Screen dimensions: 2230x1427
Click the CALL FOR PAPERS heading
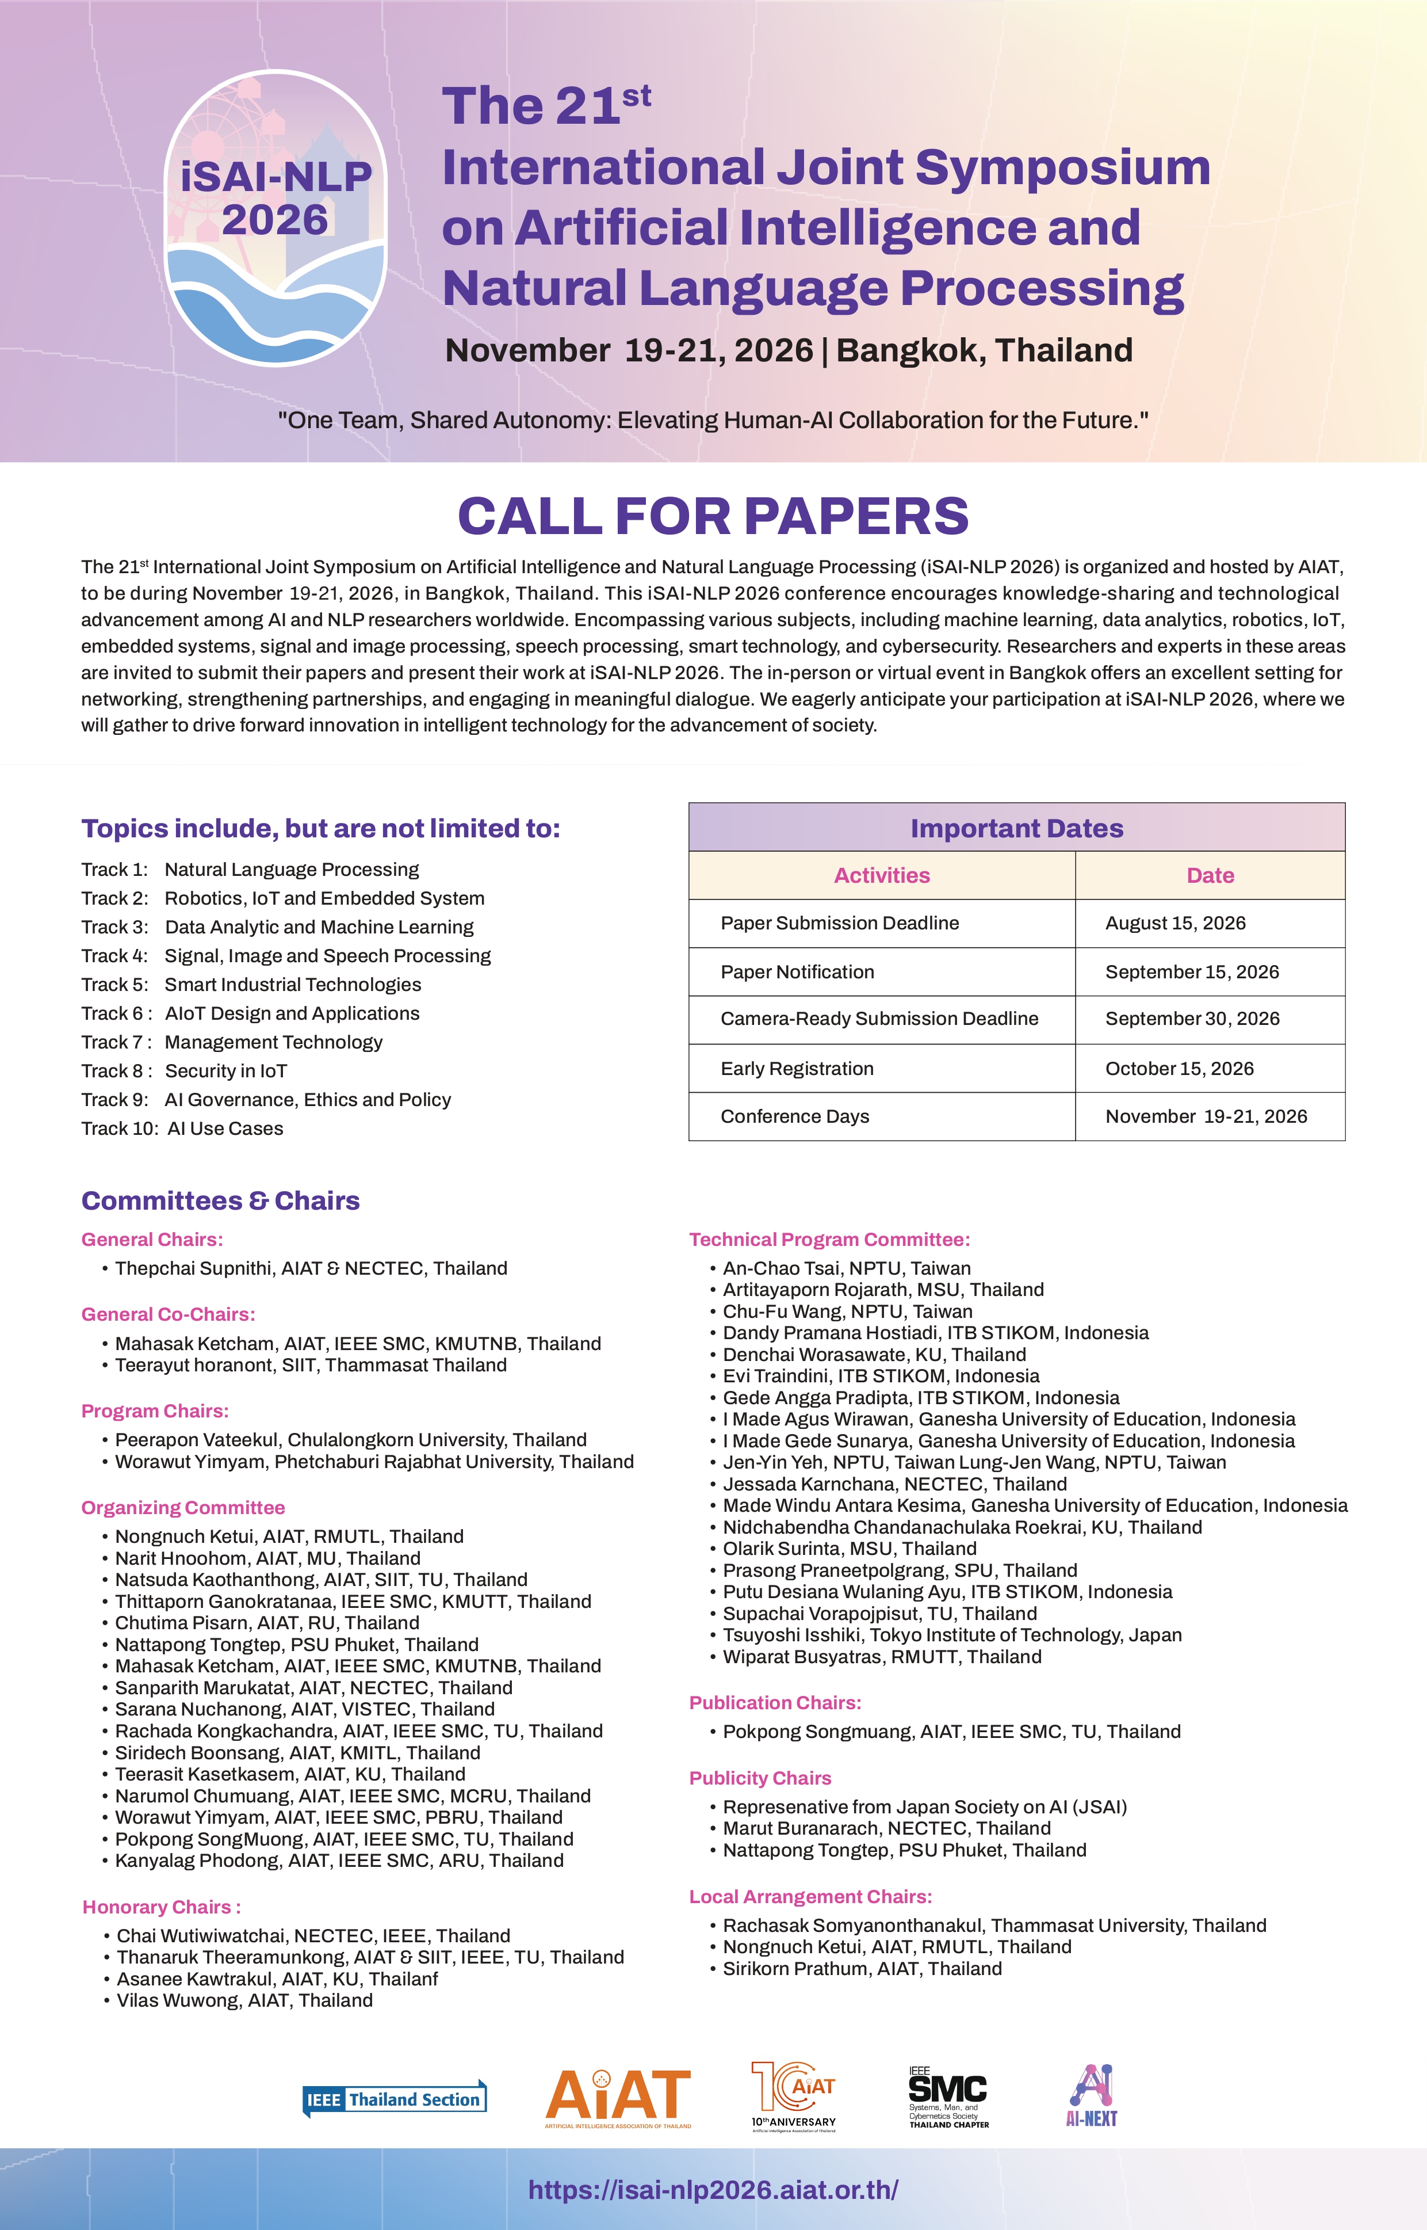[x=713, y=516]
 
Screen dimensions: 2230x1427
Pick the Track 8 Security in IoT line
[x=185, y=1070]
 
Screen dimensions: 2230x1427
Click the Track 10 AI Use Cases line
[x=182, y=1128]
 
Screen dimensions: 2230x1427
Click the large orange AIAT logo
[x=618, y=2098]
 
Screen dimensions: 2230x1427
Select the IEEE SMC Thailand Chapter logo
[x=948, y=2098]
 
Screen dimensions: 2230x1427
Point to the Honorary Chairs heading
[x=161, y=1907]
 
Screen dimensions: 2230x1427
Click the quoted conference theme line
[x=713, y=420]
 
